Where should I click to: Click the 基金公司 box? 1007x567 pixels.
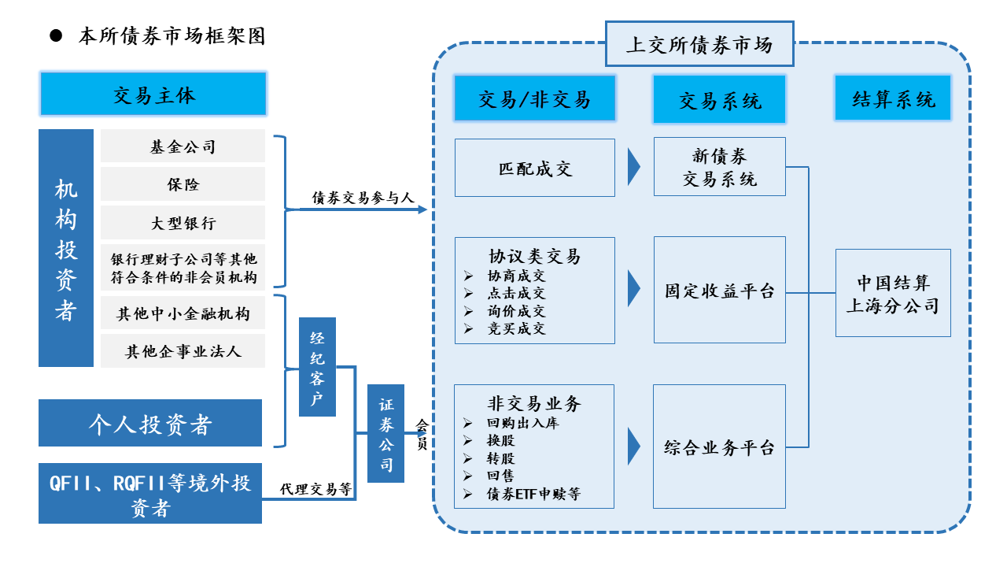coord(183,146)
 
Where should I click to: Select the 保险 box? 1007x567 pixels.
coord(183,184)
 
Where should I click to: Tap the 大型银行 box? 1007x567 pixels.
coord(183,223)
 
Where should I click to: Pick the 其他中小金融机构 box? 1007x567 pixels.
coord(183,313)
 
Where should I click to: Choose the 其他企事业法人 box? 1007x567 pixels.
coord(183,351)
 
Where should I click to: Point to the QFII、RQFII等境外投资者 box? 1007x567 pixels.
coord(149,494)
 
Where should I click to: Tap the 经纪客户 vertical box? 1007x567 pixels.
coord(317,366)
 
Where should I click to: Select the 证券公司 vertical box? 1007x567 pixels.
coord(385,433)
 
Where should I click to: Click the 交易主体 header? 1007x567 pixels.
coord(153,94)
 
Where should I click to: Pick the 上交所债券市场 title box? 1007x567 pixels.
coord(699,44)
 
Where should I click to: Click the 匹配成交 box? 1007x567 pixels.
coord(535,168)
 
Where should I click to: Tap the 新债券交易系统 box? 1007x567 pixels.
coord(719,167)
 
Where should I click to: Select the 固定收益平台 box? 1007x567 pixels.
coord(719,290)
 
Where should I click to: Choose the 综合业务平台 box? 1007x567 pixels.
coord(719,447)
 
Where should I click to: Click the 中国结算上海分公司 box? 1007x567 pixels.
coord(893,293)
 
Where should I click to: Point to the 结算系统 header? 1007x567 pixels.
coord(893,98)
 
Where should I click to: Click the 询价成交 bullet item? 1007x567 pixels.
coord(515,311)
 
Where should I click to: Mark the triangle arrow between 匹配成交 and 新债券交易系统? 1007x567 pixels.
coord(633,166)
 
